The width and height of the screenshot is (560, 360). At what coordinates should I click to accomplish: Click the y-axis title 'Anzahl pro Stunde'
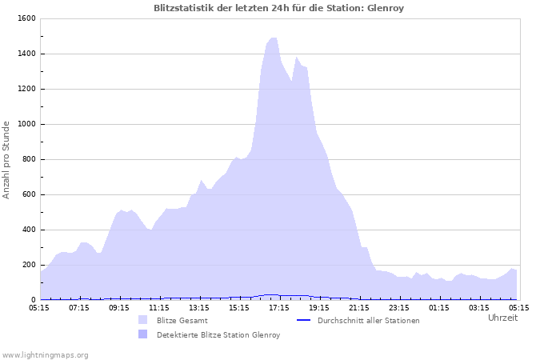pyautogui.click(x=6, y=160)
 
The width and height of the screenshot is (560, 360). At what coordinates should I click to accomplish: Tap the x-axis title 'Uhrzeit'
pyautogui.click(x=502, y=318)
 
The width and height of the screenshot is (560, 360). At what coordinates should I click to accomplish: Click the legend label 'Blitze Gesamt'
pyautogui.click(x=182, y=321)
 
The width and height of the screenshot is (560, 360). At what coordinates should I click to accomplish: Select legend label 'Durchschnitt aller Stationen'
pyautogui.click(x=368, y=321)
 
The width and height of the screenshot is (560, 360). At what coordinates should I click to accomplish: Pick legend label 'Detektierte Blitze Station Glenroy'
pyautogui.click(x=218, y=335)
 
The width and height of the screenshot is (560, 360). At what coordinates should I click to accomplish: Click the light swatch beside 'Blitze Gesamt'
pyautogui.click(x=142, y=320)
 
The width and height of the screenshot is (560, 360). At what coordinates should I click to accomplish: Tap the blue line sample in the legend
pyautogui.click(x=302, y=320)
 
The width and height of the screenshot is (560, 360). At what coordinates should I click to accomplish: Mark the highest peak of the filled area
pyautogui.click(x=274, y=38)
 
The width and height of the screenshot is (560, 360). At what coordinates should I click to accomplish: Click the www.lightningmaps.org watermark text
pyautogui.click(x=45, y=355)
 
